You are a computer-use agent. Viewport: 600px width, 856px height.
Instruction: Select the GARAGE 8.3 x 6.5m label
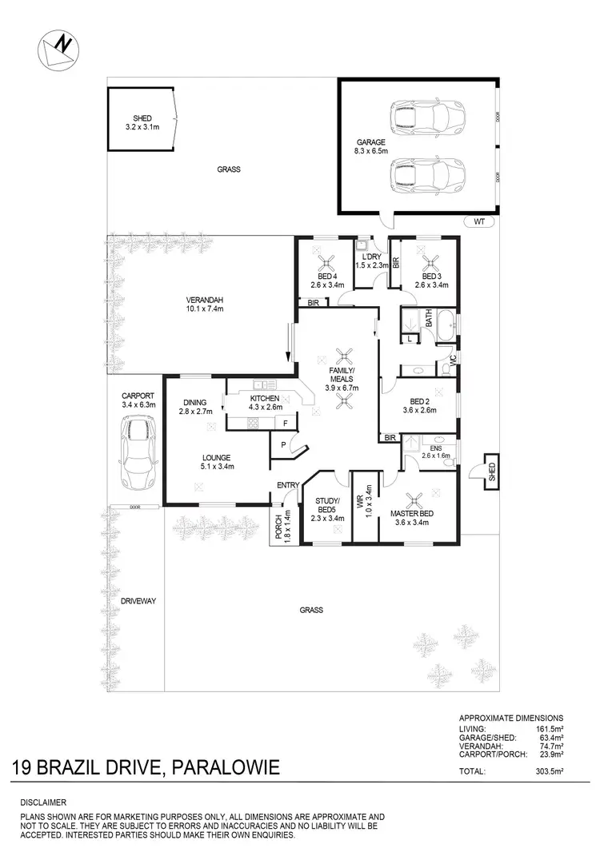(371, 145)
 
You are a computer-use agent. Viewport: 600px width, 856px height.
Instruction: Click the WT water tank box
(478, 221)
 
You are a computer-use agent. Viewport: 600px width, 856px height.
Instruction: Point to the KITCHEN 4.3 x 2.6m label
(264, 403)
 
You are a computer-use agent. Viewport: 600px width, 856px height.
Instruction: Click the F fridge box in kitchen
(285, 423)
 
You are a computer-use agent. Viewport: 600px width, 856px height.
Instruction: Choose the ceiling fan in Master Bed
(413, 500)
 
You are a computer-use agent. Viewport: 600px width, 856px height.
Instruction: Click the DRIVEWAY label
(132, 599)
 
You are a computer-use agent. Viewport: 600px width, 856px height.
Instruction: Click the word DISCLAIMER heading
(44, 802)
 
